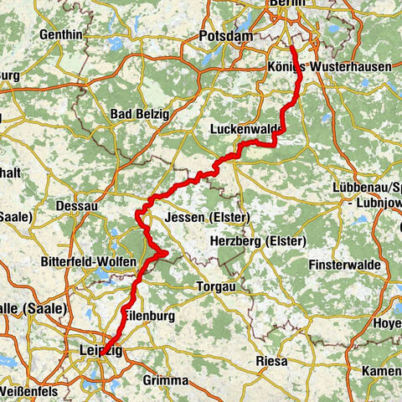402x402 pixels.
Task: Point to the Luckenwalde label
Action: click(241, 130)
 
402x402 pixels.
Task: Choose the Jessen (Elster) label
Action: click(204, 217)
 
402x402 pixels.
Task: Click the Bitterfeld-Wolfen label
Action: click(89, 262)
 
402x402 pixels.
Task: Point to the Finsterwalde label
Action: click(346, 265)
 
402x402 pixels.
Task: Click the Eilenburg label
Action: click(149, 316)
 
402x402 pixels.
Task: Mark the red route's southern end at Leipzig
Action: click(101, 354)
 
